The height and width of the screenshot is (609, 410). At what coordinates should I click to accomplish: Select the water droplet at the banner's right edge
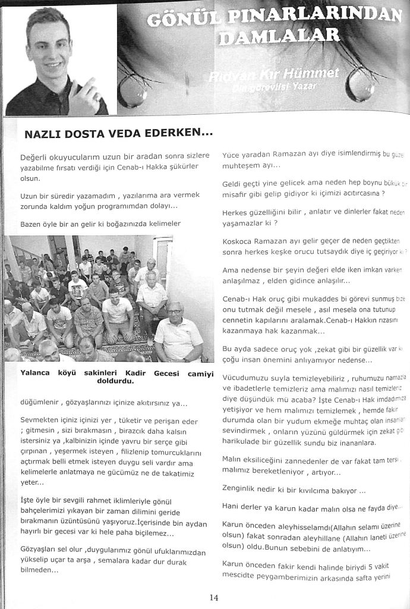coord(360,84)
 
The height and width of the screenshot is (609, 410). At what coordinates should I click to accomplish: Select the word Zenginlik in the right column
coord(242,492)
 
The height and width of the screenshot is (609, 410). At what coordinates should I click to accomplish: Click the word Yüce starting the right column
coord(231,155)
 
